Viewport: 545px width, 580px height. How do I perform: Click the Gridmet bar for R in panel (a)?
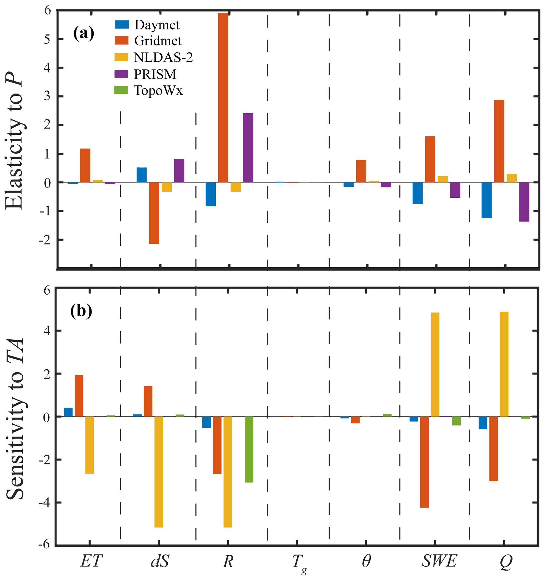(x=223, y=98)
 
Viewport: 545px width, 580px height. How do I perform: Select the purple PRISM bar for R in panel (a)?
(x=248, y=148)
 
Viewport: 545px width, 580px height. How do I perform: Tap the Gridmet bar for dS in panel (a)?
(x=154, y=213)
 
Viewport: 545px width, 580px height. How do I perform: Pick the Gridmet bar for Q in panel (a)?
(x=499, y=141)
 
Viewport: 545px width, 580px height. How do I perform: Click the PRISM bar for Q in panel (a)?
(x=524, y=202)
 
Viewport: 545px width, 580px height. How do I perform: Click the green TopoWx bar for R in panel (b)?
(x=249, y=449)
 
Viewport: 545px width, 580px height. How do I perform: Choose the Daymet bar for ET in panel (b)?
(x=68, y=412)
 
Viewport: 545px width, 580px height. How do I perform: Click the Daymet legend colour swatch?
(x=122, y=25)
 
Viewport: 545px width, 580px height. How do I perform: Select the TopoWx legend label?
(x=158, y=90)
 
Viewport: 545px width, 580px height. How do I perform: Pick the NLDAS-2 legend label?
(x=163, y=57)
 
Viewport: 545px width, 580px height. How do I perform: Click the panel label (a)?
(x=84, y=33)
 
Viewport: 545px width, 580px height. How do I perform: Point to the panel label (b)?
(x=81, y=311)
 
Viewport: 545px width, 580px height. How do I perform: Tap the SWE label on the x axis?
(x=439, y=561)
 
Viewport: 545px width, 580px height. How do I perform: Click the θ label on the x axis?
(x=366, y=561)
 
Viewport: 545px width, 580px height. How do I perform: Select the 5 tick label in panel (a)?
(x=47, y=39)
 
